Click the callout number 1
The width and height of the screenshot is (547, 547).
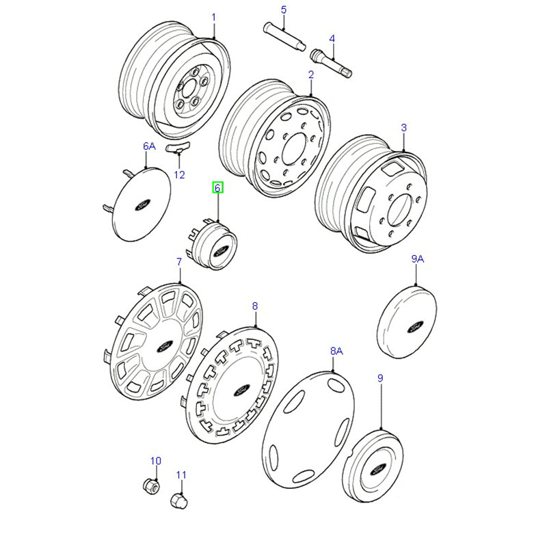pyautogui.click(x=213, y=16)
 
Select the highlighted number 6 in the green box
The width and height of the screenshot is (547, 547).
pyautogui.click(x=217, y=188)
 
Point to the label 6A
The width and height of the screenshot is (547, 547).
pyautogui.click(x=149, y=146)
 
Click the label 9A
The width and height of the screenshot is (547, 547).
pyautogui.click(x=417, y=259)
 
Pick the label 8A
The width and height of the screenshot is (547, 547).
pyautogui.click(x=336, y=351)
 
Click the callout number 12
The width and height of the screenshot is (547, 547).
pyautogui.click(x=179, y=174)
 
